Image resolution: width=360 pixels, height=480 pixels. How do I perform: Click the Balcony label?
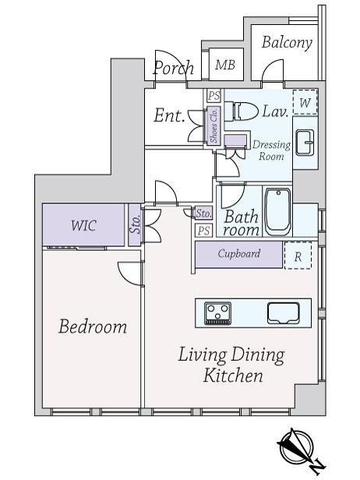[x=287, y=43]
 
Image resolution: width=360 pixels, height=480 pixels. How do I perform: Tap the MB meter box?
[x=226, y=64]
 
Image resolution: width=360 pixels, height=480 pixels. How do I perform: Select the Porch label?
[x=174, y=68]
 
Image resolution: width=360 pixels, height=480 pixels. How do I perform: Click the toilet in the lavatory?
[x=242, y=111]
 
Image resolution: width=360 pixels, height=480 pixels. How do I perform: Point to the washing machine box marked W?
[x=305, y=102]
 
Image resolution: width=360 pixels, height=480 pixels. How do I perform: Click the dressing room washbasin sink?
[x=305, y=143]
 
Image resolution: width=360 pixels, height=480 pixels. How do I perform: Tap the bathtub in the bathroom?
[x=277, y=211]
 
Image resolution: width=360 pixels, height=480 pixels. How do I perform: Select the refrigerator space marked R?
[x=298, y=256]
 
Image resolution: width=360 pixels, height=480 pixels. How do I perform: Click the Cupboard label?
[x=239, y=254]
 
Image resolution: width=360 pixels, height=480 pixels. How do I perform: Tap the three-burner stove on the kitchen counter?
[x=217, y=313]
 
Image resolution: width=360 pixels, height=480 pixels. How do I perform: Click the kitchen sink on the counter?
[x=283, y=313]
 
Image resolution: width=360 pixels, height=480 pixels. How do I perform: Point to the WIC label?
[x=83, y=225]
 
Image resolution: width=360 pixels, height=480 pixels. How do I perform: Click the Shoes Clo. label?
[x=214, y=125]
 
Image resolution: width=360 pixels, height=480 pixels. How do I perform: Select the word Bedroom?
[x=93, y=326]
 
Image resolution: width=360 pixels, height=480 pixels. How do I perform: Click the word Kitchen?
[x=233, y=376]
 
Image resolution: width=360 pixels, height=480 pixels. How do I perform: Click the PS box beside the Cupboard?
[x=203, y=230]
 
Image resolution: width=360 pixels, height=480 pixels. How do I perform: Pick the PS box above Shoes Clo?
[x=214, y=96]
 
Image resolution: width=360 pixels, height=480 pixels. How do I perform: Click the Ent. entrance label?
[x=169, y=115]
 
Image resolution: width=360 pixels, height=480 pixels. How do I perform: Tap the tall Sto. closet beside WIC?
[x=135, y=224]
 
